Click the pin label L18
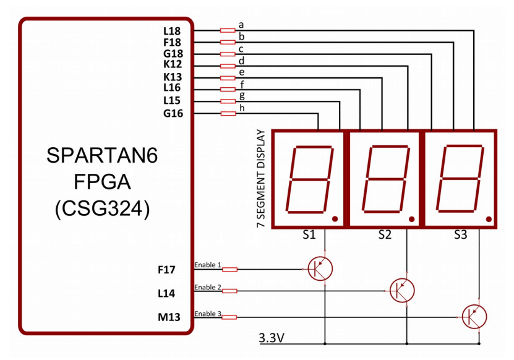172,30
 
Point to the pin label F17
167,270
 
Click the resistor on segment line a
228,30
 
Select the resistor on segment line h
228,113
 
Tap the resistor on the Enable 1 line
229,269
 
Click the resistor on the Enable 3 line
229,317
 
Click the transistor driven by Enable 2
401,290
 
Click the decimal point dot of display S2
411,218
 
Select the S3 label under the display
460,235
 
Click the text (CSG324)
102,208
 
